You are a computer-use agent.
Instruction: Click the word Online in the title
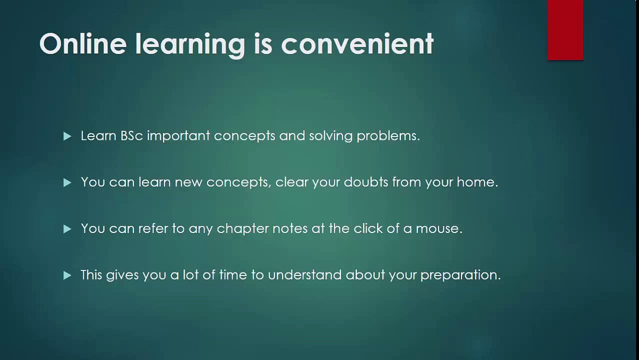pyautogui.click(x=83, y=43)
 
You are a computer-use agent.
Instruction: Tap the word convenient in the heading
pyautogui.click(x=357, y=43)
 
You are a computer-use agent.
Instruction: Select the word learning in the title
pyautogui.click(x=190, y=45)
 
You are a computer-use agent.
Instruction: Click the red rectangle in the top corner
pyautogui.click(x=565, y=30)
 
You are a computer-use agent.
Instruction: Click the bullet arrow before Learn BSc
pyautogui.click(x=67, y=136)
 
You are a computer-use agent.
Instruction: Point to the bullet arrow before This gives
pyautogui.click(x=67, y=275)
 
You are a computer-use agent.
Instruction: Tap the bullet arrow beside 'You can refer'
pyautogui.click(x=67, y=229)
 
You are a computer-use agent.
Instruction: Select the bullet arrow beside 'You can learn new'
pyautogui.click(x=67, y=182)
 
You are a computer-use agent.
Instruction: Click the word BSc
pyautogui.click(x=131, y=136)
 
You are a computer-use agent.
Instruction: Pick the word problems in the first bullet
pyautogui.click(x=388, y=136)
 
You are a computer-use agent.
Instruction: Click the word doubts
pyautogui.click(x=366, y=182)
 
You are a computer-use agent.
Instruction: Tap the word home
pyautogui.click(x=477, y=182)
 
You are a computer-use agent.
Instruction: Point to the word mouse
pyautogui.click(x=439, y=229)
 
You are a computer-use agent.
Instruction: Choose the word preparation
pyautogui.click(x=460, y=275)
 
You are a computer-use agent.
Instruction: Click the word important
pyautogui.click(x=178, y=136)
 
